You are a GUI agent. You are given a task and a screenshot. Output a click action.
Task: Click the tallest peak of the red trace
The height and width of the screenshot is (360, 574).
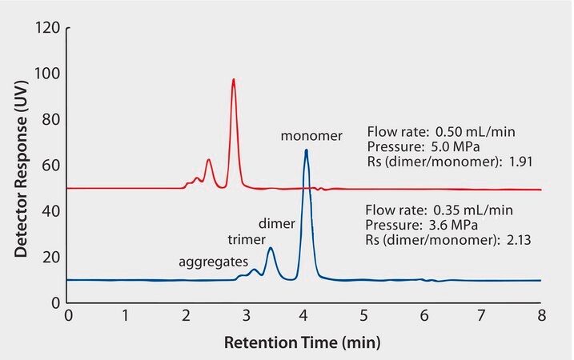233,79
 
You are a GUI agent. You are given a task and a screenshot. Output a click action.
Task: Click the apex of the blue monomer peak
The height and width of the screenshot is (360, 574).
306,150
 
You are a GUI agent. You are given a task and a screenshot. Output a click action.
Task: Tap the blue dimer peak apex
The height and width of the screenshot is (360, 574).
271,248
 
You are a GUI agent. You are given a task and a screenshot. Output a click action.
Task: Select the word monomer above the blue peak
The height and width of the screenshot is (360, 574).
311,136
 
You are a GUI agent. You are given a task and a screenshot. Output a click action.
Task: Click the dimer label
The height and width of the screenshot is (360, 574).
277,223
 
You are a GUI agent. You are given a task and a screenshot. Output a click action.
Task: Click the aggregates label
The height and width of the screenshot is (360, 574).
212,261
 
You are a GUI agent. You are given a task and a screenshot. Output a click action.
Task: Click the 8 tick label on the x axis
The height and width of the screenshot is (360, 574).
542,316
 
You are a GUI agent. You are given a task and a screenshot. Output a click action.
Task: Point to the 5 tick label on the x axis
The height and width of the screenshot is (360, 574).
364,316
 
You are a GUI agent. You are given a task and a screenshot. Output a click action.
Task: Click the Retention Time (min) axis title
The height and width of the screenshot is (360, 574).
302,343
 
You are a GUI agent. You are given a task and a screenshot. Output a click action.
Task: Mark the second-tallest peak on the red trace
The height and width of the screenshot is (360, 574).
209,160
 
